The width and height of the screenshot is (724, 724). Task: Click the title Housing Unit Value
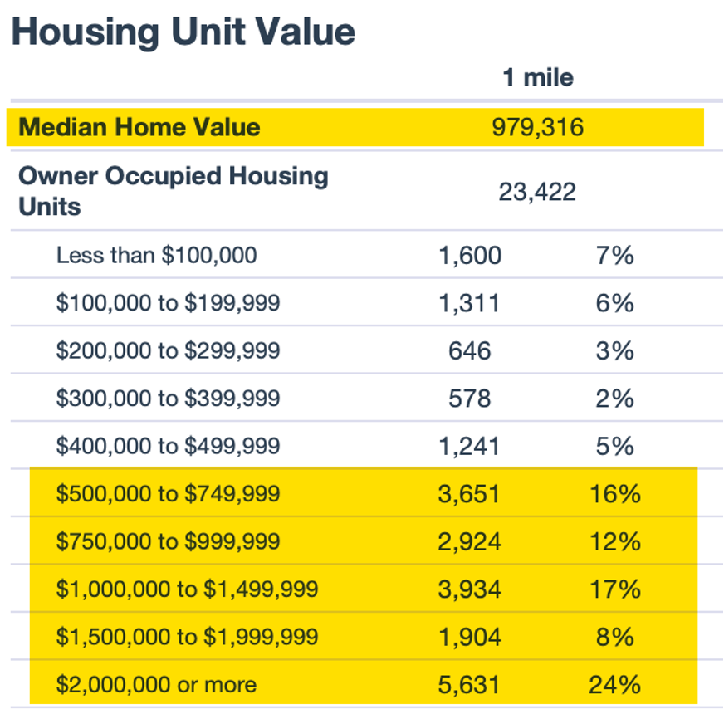pos(183,32)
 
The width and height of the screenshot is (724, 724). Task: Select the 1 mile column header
pos(537,78)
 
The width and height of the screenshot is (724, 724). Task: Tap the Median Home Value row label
pos(139,127)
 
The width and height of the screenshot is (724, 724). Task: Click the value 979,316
pos(537,127)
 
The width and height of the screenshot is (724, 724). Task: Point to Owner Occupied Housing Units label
pos(173,191)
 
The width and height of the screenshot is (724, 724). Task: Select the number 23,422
pos(537,193)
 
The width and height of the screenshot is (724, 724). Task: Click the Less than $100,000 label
pos(156,255)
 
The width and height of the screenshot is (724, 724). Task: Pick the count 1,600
pos(470,255)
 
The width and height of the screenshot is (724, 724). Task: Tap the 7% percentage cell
pos(614,255)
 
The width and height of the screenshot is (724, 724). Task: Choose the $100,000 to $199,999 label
pos(168,303)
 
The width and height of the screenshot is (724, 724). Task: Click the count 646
pos(470,350)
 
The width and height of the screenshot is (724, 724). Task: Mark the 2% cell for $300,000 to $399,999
pos(614,399)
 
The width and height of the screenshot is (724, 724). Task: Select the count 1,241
pos(470,447)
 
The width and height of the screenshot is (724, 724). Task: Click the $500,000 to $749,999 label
pos(168,494)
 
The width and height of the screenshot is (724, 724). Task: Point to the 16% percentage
pos(614,494)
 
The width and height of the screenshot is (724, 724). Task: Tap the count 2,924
pos(470,542)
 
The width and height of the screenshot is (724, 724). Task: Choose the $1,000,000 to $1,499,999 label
pos(187,589)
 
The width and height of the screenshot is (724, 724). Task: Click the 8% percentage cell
pos(614,637)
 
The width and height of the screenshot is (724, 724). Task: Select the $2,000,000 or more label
pos(156,685)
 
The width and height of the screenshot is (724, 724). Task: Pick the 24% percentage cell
pos(614,685)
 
